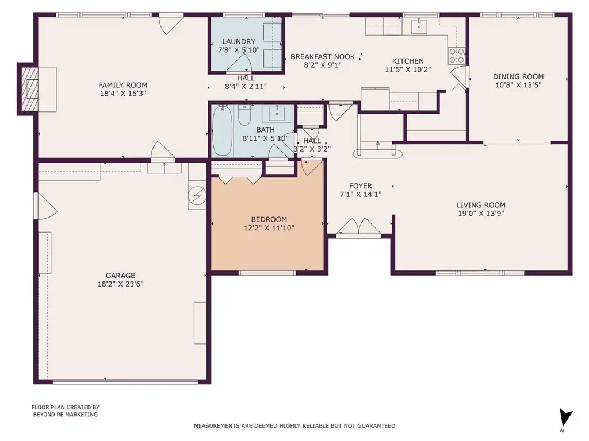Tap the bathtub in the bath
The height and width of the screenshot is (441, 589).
click(223, 130)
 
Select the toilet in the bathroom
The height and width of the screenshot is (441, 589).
click(244, 115)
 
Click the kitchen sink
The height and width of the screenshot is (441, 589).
click(419, 26)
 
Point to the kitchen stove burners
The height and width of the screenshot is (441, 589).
click(456, 56)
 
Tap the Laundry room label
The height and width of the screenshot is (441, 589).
click(239, 41)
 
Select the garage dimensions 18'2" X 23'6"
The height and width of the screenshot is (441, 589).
click(121, 284)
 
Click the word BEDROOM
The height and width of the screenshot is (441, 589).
click(269, 219)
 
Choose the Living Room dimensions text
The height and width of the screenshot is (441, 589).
click(481, 214)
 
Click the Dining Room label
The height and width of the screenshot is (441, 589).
click(518, 76)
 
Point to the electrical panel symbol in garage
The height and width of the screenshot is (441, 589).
click(197, 195)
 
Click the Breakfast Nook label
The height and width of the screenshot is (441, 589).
click(323, 57)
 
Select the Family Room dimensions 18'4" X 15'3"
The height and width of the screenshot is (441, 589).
click(123, 94)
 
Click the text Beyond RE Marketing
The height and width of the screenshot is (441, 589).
click(66, 415)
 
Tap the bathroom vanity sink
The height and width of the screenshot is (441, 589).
click(277, 113)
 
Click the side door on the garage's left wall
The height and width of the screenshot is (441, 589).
click(45, 206)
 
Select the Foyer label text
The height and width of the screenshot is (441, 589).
click(361, 186)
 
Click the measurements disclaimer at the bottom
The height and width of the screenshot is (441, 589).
click(294, 425)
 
